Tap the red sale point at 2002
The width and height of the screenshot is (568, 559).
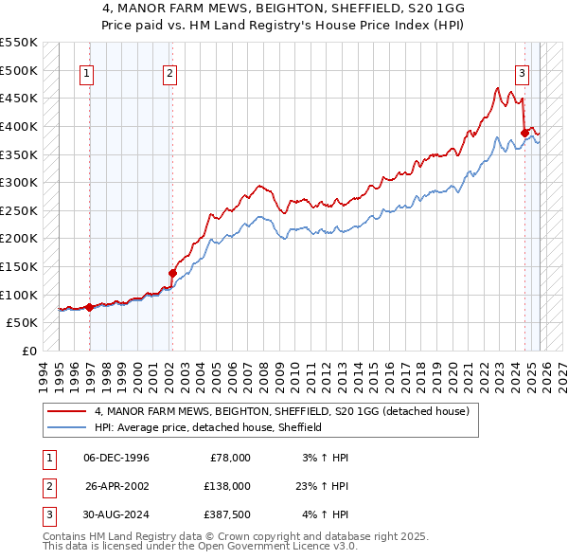point(172,273)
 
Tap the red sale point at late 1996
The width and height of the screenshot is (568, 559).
point(89,307)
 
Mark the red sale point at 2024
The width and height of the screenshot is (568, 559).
point(524,133)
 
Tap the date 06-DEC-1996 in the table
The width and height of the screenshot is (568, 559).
point(115,458)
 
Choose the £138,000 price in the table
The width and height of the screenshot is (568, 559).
point(227,486)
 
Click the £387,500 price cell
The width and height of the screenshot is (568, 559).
point(227,514)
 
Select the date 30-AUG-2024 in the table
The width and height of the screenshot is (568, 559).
point(115,514)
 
